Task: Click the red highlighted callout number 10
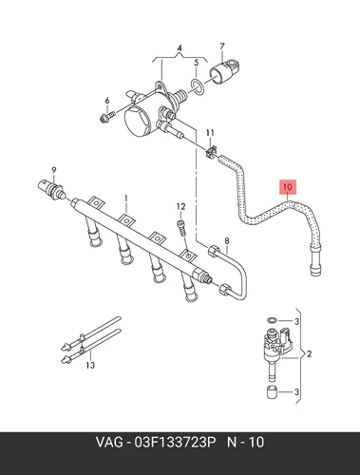tap(288, 187)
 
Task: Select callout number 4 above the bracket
tap(180, 48)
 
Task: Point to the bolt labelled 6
tap(106, 117)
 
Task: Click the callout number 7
tap(222, 47)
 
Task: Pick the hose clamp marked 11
tap(210, 152)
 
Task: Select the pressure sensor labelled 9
tap(50, 189)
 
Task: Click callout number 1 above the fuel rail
tap(126, 199)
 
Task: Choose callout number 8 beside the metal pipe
tap(227, 241)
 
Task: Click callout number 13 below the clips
tap(90, 365)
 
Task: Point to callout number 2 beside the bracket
tap(310, 353)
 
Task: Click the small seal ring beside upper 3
tap(272, 320)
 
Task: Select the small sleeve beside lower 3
tap(272, 392)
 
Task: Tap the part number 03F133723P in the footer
tap(175, 442)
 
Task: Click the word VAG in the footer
tap(109, 442)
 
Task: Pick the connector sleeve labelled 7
tap(225, 71)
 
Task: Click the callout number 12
tap(180, 207)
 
